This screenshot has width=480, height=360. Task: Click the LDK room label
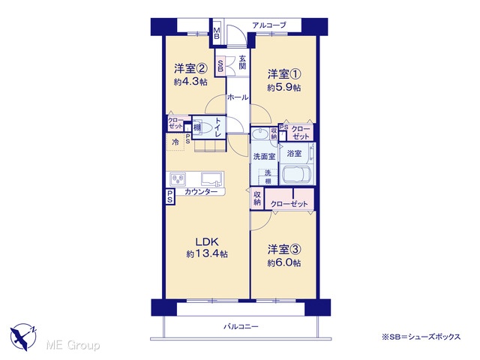click(x=207, y=241)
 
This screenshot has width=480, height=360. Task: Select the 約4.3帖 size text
click(x=190, y=82)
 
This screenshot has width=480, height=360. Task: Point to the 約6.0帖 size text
click(x=283, y=262)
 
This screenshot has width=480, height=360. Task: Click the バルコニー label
click(x=241, y=327)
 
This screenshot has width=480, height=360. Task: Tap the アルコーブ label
click(x=269, y=25)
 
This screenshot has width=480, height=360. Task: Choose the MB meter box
click(x=217, y=33)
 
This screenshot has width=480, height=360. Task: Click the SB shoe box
click(x=220, y=66)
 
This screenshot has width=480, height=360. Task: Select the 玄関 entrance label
click(x=242, y=62)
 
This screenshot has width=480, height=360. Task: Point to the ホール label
click(x=238, y=97)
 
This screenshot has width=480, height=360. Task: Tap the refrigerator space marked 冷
click(x=175, y=142)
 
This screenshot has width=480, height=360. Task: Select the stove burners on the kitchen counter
click(x=178, y=179)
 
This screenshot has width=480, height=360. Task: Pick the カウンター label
click(x=201, y=192)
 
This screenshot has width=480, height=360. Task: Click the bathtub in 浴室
click(x=297, y=175)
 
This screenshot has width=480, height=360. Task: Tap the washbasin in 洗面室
click(x=260, y=133)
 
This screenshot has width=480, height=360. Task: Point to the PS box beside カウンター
click(x=170, y=196)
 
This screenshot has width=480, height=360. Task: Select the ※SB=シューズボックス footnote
click(x=421, y=337)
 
